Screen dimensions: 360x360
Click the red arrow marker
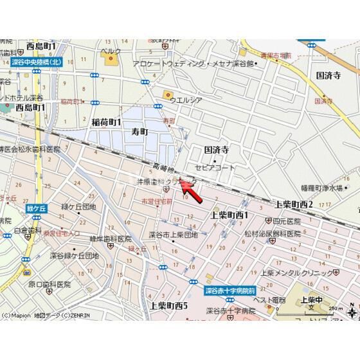tap(188, 188)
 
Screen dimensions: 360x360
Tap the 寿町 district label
tap(139, 131)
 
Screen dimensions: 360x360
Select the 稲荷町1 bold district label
tap(106, 122)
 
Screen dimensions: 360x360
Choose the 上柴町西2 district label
tap(294, 204)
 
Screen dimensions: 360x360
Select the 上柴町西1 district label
tap(230, 215)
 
